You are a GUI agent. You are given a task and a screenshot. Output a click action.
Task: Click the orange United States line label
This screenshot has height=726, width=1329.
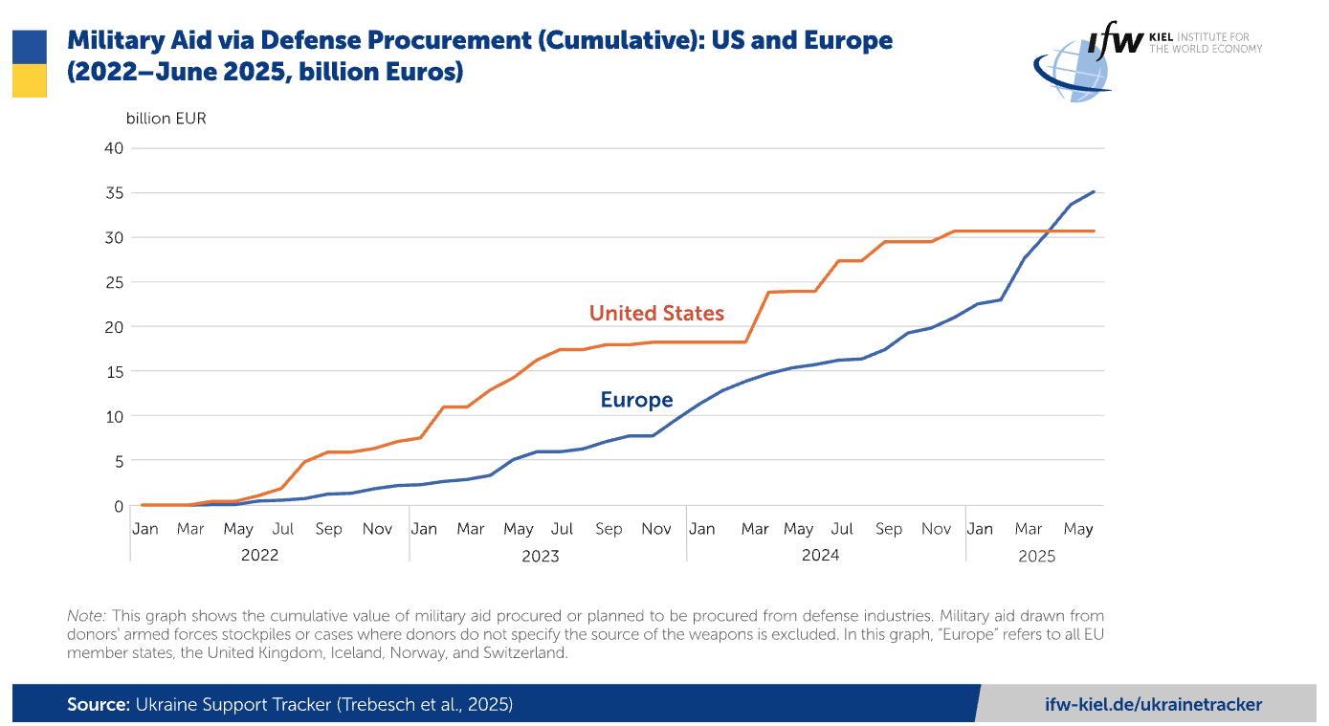coord(656,313)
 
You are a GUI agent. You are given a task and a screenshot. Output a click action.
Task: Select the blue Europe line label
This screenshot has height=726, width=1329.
coord(636,400)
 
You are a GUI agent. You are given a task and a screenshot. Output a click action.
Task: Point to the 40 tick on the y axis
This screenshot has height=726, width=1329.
coord(114,148)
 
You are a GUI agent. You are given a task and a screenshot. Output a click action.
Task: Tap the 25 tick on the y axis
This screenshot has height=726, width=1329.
coord(114,282)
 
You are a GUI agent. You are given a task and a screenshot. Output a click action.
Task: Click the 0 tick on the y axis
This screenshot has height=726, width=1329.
coord(119,506)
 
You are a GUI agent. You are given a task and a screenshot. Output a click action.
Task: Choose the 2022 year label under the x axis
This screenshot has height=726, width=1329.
coord(259,555)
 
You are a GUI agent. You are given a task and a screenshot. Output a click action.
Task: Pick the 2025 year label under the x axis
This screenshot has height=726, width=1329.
coord(1036,555)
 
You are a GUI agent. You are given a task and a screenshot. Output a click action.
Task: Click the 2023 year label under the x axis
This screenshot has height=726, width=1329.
coord(540,555)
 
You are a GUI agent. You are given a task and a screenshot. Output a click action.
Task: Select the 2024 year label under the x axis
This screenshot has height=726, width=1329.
coord(820,555)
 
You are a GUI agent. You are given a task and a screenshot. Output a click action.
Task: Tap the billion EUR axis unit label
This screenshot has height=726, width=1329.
coord(166,119)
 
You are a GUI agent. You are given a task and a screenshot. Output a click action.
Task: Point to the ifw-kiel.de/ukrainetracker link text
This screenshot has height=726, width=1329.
coord(1153,705)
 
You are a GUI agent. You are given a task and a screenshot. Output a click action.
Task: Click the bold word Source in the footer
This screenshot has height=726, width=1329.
coord(97,705)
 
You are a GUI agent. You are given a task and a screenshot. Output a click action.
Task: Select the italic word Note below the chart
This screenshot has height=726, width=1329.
coord(84,616)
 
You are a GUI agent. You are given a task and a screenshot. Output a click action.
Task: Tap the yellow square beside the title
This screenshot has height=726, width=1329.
coord(29,80)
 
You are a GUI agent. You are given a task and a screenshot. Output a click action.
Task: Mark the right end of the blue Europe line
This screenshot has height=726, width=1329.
coord(1094,191)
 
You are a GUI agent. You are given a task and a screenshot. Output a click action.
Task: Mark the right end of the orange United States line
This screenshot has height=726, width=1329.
coord(1094,231)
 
